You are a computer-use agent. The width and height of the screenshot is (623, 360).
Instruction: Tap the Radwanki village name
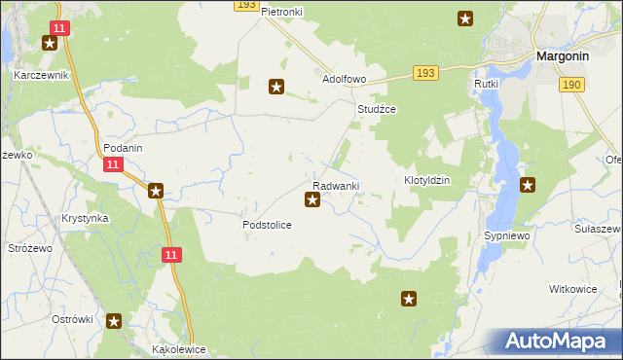click(x=336, y=186)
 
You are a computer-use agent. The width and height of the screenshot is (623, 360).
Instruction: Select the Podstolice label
click(x=267, y=225)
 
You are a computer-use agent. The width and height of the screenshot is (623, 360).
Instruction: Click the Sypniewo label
click(x=506, y=236)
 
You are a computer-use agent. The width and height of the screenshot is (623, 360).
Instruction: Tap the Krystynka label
click(x=84, y=219)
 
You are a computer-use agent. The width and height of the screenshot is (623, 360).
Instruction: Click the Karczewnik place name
click(x=40, y=74)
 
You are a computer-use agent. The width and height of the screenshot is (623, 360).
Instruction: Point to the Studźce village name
click(x=376, y=110)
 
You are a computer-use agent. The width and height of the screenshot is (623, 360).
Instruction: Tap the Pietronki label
click(x=282, y=11)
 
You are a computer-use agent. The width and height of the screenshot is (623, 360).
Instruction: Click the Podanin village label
click(x=123, y=148)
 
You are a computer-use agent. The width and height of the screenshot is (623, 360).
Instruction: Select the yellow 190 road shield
click(x=571, y=86)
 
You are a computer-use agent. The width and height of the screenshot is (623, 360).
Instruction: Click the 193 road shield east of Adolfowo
click(x=423, y=73)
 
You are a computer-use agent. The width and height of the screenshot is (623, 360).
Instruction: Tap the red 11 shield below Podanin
click(x=113, y=166)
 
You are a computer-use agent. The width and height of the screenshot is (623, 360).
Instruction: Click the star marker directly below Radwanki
click(x=312, y=200)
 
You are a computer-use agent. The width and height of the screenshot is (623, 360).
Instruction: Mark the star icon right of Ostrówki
click(x=114, y=320)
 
